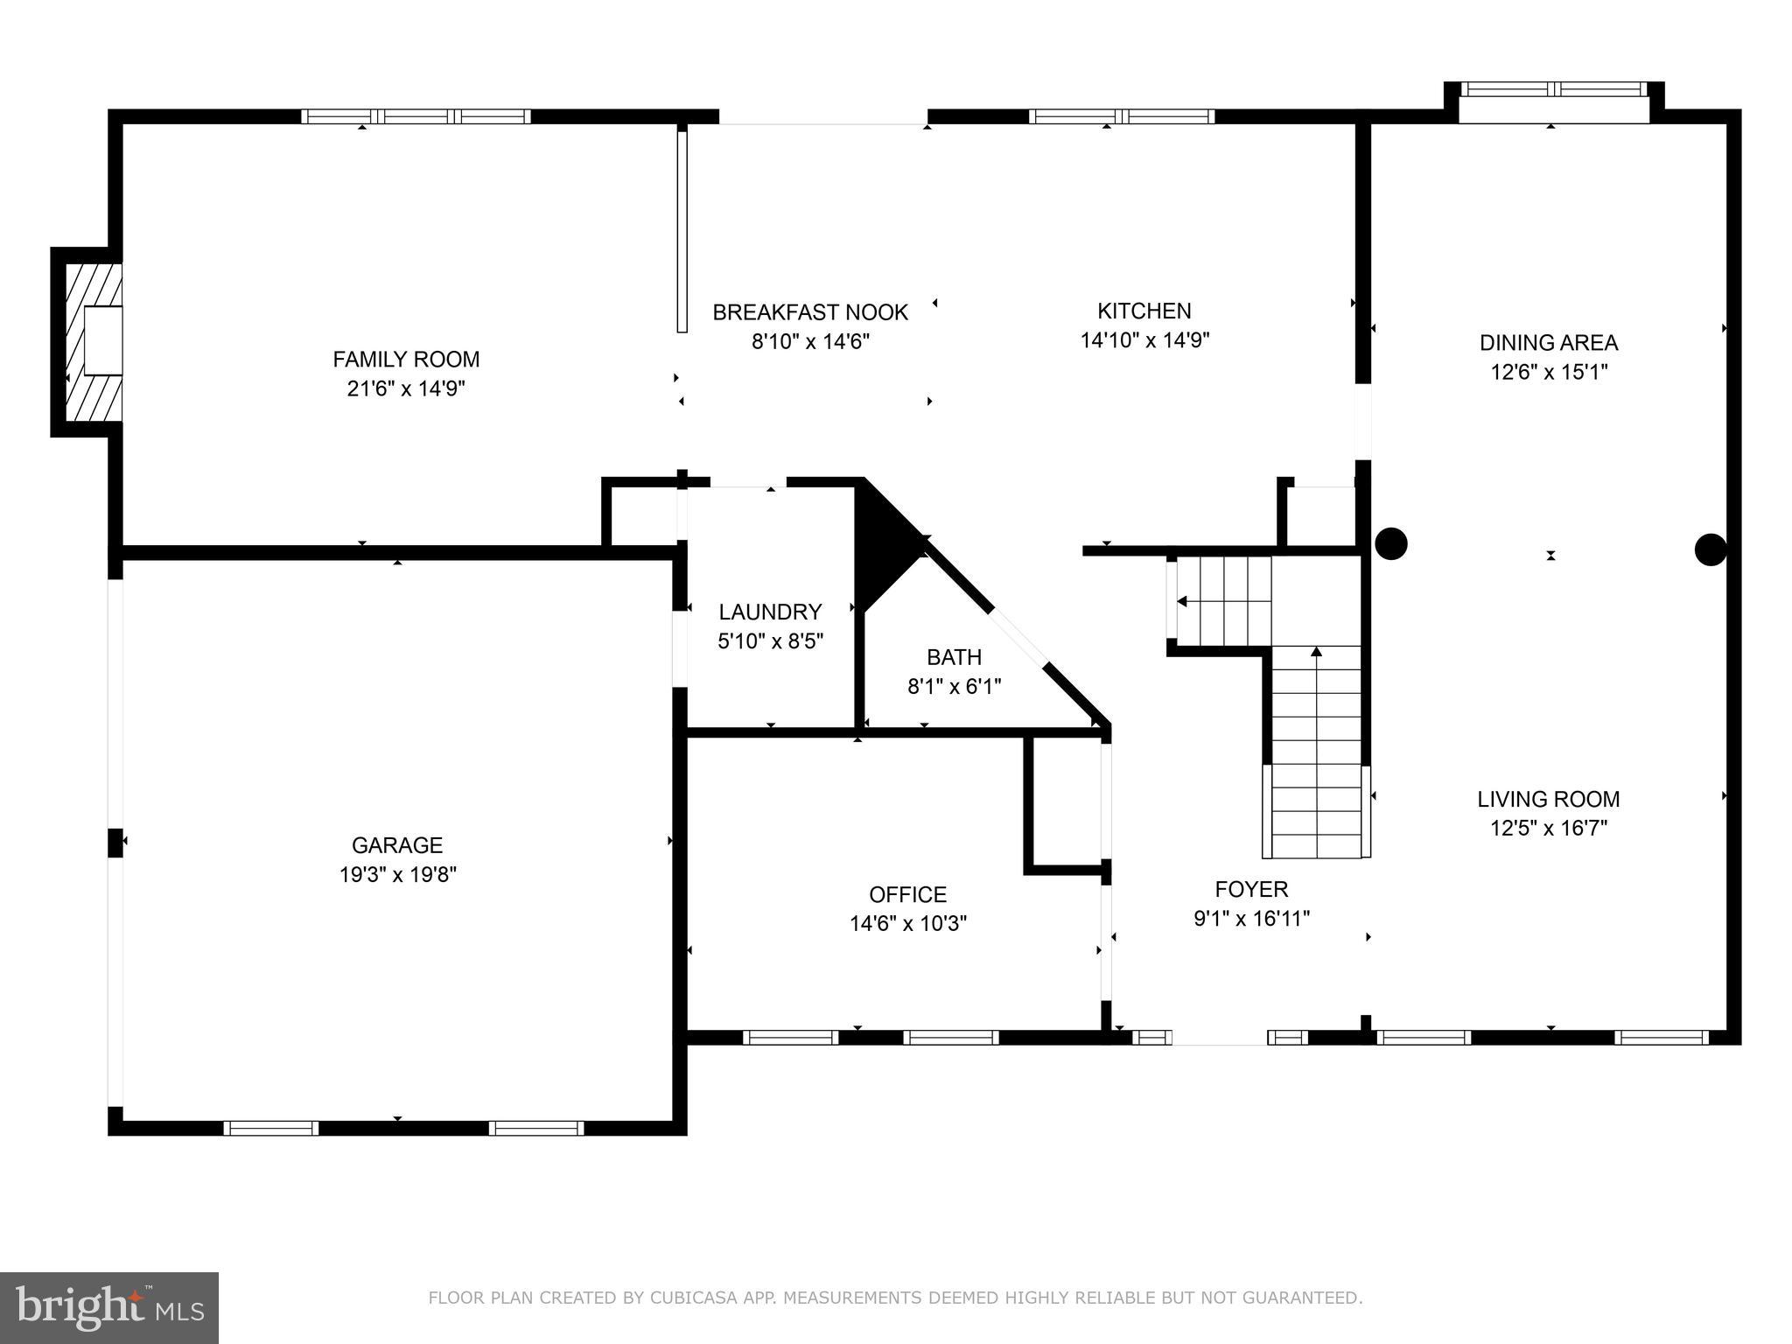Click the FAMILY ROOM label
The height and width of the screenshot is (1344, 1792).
pyautogui.click(x=406, y=359)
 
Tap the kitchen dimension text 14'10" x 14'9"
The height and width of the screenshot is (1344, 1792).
pyautogui.click(x=1144, y=340)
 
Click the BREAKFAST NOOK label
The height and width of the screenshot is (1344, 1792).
pyautogui.click(x=810, y=312)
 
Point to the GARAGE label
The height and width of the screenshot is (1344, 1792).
pyautogui.click(x=397, y=845)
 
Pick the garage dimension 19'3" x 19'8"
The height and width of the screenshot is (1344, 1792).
pyautogui.click(x=398, y=874)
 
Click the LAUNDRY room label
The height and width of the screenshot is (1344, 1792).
pyautogui.click(x=770, y=612)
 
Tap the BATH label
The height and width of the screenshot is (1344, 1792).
pyautogui.click(x=954, y=657)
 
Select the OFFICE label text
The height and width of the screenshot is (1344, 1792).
pyautogui.click(x=907, y=894)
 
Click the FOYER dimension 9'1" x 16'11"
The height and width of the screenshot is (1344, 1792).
pyautogui.click(x=1251, y=919)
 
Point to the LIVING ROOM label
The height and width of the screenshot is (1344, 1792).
pyautogui.click(x=1548, y=799)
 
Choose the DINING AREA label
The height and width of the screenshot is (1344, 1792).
pyautogui.click(x=1549, y=342)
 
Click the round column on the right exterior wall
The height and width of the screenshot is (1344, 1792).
pyautogui.click(x=1710, y=549)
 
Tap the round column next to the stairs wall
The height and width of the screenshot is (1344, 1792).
pyautogui.click(x=1390, y=543)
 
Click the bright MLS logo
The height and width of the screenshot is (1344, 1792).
pyautogui.click(x=108, y=1307)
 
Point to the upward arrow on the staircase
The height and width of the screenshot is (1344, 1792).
pyautogui.click(x=1316, y=652)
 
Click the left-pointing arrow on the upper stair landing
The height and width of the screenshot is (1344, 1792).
pyautogui.click(x=1182, y=601)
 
